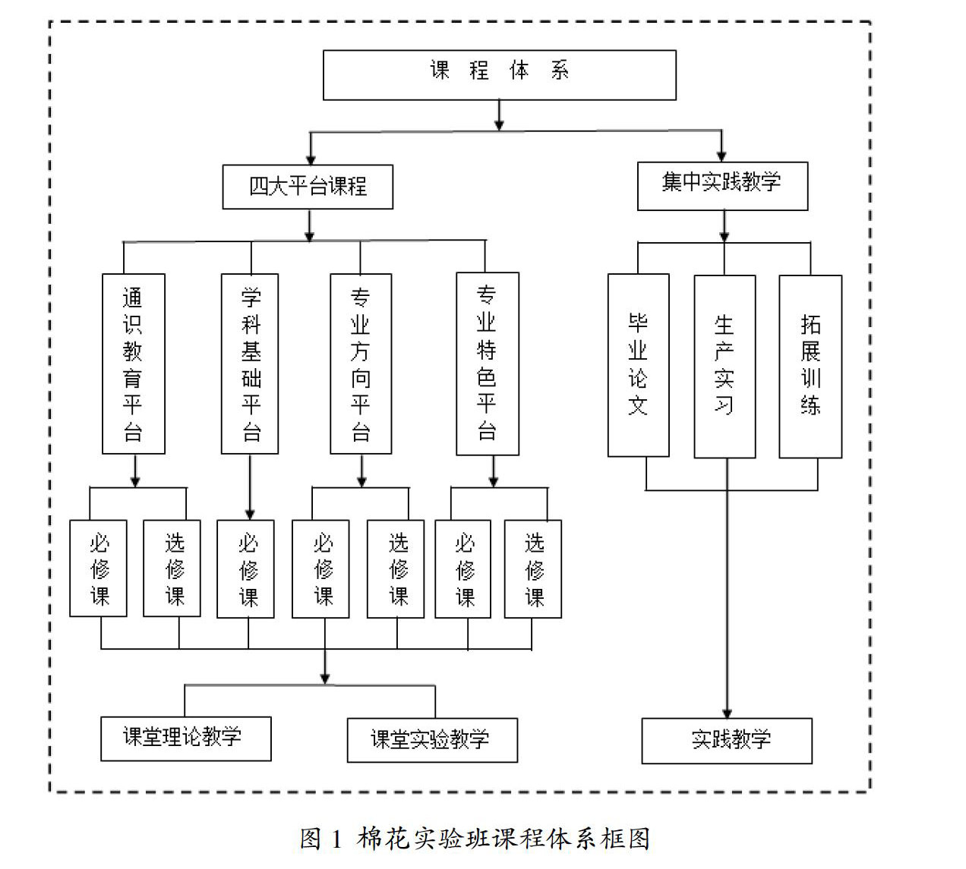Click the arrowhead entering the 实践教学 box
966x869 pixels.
click(727, 713)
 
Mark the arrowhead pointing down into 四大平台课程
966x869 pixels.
click(311, 160)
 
